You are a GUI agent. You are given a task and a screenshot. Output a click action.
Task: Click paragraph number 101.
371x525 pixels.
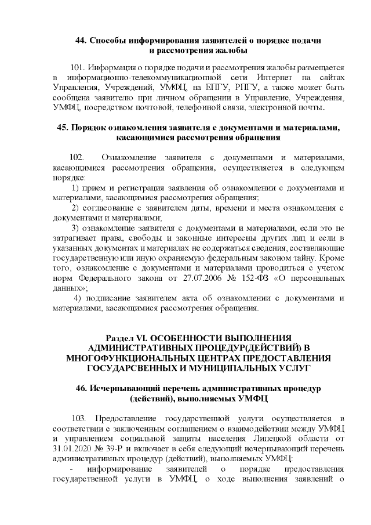click(x=77, y=67)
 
